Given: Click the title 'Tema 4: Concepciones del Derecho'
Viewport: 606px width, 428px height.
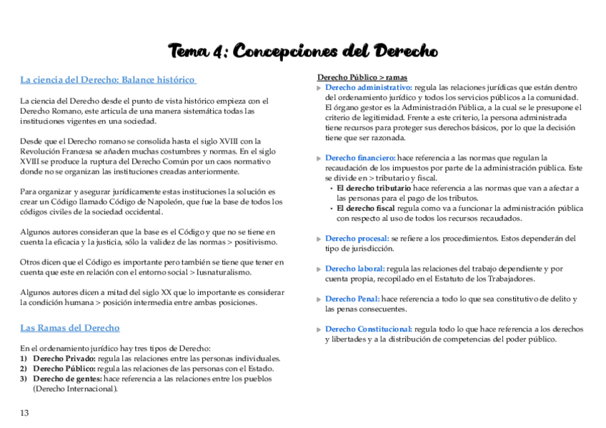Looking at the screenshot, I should [x=303, y=51].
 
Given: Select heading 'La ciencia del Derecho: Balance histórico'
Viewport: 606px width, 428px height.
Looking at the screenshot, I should [x=108, y=79].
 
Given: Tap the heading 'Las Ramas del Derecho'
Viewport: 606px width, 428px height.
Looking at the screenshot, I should [x=70, y=328].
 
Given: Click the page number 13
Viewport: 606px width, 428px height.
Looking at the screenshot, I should [x=24, y=413].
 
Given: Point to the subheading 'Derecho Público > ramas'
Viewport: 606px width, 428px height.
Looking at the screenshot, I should [x=362, y=77].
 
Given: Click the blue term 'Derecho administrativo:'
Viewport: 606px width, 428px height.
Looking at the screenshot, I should [x=368, y=87].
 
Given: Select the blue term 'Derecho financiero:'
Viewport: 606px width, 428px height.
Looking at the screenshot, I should [x=360, y=158].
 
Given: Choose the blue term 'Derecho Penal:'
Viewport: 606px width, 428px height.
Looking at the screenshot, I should [x=352, y=299].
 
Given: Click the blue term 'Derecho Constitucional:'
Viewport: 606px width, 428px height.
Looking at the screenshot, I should [x=368, y=329].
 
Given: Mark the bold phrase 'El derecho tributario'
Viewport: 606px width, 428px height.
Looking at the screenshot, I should [x=374, y=188].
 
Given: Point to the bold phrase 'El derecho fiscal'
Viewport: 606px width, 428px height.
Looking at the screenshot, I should [x=366, y=209].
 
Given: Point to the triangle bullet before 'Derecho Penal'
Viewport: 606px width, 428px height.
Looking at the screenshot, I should [x=319, y=299].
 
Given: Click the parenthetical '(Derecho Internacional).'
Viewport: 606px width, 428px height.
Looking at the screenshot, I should [x=75, y=389].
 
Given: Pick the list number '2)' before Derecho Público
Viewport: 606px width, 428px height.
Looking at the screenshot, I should [x=24, y=369].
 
